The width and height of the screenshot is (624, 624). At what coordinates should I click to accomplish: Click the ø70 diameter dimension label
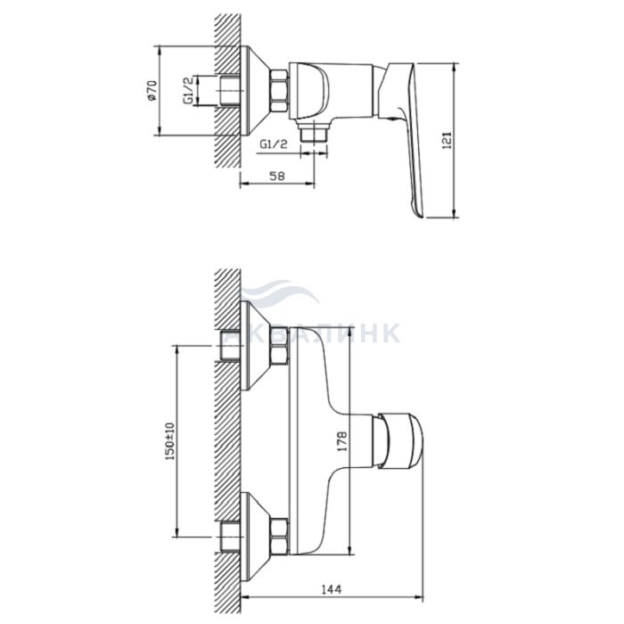pyautogui.click(x=152, y=90)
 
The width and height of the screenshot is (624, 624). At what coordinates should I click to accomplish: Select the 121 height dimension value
pyautogui.click(x=447, y=140)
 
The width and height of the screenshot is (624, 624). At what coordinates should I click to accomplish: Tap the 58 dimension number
pyautogui.click(x=277, y=176)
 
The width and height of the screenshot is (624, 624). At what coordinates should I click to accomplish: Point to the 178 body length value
pyautogui.click(x=341, y=440)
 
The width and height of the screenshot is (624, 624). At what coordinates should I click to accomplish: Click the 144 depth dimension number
pyautogui.click(x=332, y=588)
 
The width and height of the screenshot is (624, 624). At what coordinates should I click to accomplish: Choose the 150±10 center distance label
pyautogui.click(x=169, y=442)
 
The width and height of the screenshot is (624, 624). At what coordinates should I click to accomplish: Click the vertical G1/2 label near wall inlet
pyautogui.click(x=188, y=90)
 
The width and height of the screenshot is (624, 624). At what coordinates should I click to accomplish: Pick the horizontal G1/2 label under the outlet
pyautogui.click(x=274, y=144)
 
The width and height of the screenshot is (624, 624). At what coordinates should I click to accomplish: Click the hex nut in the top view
pyautogui.click(x=279, y=91)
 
